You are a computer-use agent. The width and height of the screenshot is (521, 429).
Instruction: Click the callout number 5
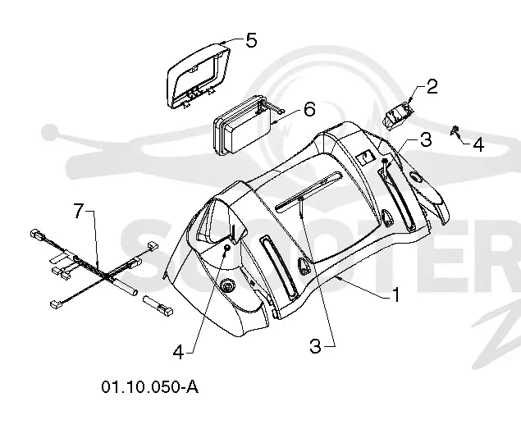[251, 40]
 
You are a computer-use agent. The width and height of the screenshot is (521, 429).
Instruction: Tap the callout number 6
[309, 109]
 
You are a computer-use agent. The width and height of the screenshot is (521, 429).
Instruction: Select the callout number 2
[432, 86]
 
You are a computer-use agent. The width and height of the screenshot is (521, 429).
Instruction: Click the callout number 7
[78, 211]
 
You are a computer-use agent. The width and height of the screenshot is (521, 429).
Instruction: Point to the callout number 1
[396, 294]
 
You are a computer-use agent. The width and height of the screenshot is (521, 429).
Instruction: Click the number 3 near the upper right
[426, 139]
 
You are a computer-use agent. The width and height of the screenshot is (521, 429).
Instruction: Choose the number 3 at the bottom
[315, 346]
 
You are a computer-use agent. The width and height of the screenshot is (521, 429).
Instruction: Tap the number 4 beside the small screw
[478, 145]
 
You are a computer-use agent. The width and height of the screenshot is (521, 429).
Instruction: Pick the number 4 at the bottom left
[178, 352]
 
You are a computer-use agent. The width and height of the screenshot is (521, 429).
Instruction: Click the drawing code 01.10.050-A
[150, 387]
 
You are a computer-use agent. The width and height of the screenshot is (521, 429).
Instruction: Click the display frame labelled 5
[198, 75]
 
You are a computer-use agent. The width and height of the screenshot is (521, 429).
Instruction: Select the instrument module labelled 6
[248, 125]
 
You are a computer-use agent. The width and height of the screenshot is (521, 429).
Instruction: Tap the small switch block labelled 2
[398, 116]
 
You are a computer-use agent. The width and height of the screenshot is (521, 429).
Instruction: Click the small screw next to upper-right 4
[455, 130]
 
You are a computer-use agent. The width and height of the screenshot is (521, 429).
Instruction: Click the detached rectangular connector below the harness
[158, 305]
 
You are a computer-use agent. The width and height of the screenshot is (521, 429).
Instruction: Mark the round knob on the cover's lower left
[227, 285]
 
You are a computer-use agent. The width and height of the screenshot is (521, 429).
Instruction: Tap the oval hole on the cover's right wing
[416, 177]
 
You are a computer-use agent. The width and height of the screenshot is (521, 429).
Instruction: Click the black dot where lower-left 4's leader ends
[227, 248]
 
